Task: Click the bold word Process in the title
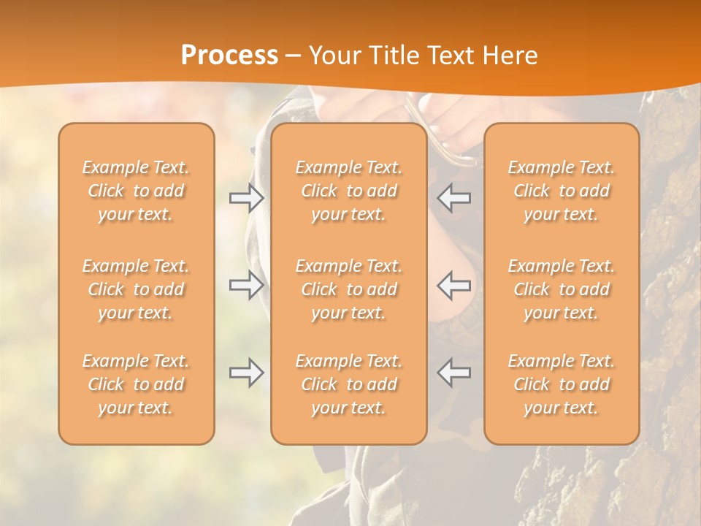[229, 56]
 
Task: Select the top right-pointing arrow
[246, 197]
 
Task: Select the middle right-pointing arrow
[246, 285]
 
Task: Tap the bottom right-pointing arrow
[246, 373]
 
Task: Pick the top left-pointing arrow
[453, 197]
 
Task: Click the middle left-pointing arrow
[453, 285]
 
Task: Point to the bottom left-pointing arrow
[453, 373]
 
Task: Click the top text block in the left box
[136, 191]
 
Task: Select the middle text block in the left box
[136, 289]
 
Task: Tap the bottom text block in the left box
[136, 384]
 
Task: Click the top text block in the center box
[348, 191]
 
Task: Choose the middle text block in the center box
[348, 289]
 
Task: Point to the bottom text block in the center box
[348, 384]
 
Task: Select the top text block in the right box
[561, 191]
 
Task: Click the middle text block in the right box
[561, 289]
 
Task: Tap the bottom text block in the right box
[561, 384]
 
